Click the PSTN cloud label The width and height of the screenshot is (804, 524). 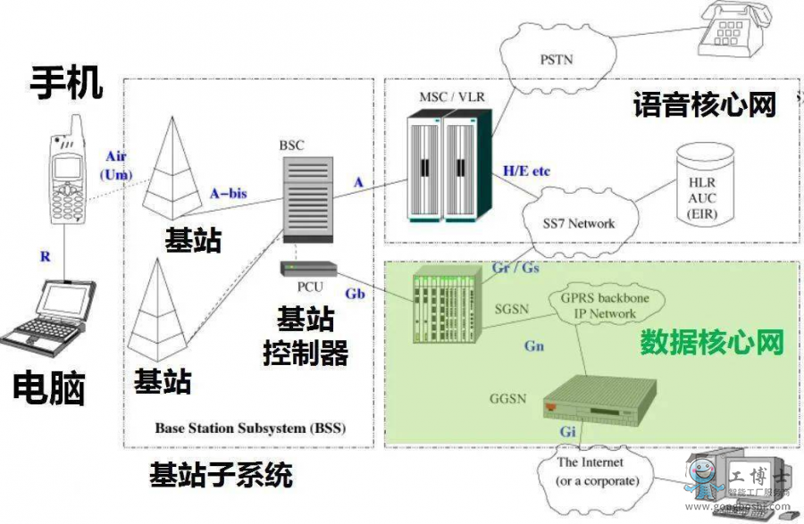click(557, 60)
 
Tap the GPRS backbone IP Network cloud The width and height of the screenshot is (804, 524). click(598, 305)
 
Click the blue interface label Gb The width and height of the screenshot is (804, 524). click(355, 293)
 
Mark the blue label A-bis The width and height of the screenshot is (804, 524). click(228, 192)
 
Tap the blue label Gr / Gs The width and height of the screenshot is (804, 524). click(515, 267)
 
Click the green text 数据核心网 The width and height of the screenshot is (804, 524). click(712, 343)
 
